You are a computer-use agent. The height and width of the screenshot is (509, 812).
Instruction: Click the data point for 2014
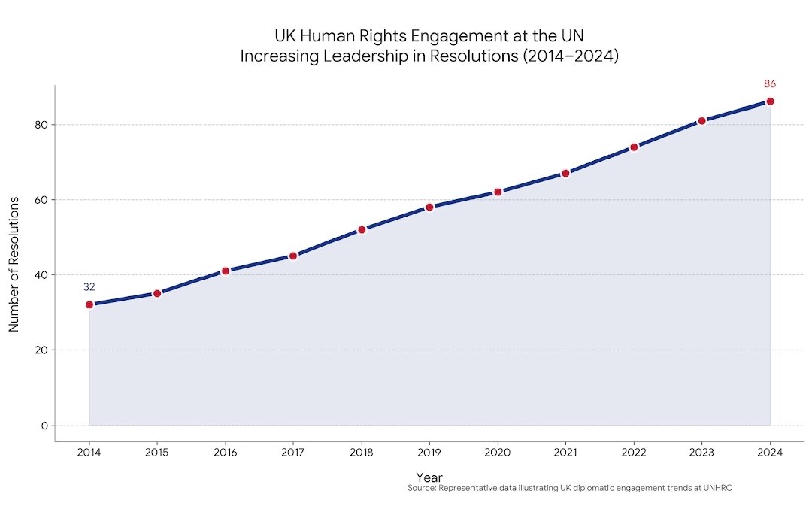[89, 304]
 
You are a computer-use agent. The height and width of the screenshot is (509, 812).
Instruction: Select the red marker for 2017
[293, 256]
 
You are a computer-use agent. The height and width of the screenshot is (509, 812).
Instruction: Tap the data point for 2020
[498, 192]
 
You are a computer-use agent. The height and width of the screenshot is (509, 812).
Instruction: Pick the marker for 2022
[634, 147]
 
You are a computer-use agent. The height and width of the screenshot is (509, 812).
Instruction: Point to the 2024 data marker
[770, 101]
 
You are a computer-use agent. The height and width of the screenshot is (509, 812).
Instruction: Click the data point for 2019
[429, 207]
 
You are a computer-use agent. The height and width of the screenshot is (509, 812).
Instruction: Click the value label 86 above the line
[770, 83]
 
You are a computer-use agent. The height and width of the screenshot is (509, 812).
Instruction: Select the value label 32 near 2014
[89, 286]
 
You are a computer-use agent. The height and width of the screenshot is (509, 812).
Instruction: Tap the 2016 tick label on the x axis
[226, 452]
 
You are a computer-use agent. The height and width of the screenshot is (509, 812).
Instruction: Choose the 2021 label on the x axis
[565, 452]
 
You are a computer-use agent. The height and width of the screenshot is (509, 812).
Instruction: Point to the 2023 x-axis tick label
[701, 452]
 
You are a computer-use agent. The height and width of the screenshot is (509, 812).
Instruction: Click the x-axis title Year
[429, 477]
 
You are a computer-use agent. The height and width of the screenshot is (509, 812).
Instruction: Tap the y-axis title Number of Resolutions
[14, 265]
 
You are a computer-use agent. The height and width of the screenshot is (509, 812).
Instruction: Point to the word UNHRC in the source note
[717, 488]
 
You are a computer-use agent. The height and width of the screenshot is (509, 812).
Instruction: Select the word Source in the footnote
[420, 488]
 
